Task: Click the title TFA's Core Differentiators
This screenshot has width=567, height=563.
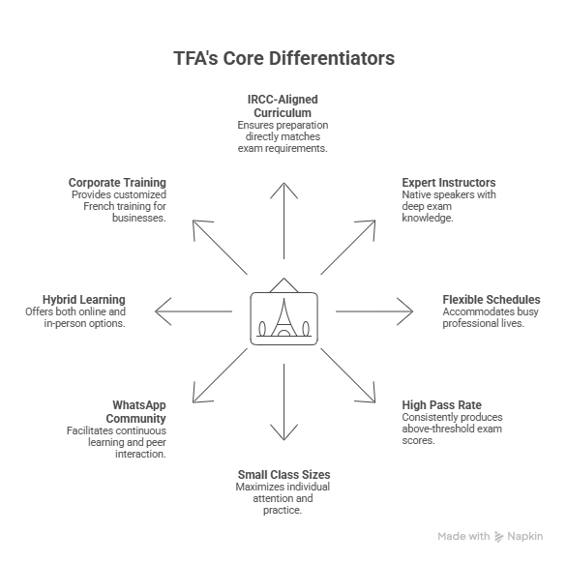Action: click(x=283, y=58)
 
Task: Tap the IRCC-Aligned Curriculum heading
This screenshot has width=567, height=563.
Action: click(x=283, y=106)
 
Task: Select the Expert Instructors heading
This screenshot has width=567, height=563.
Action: click(x=449, y=182)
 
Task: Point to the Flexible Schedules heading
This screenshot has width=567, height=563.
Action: click(x=492, y=300)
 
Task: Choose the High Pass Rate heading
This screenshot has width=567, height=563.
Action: click(x=441, y=404)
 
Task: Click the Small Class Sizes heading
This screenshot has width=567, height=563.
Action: click(x=283, y=474)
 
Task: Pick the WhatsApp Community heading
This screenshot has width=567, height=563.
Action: click(x=136, y=411)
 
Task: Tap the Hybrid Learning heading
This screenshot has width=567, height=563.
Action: click(x=84, y=300)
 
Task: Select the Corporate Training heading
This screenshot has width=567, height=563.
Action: click(x=117, y=182)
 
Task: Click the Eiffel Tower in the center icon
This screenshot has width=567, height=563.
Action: click(x=283, y=318)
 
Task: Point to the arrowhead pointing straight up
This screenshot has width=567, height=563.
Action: click(x=283, y=191)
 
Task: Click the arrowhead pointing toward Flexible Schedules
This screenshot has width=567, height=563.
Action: click(x=405, y=311)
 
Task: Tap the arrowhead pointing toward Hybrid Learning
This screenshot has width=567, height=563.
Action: click(x=163, y=311)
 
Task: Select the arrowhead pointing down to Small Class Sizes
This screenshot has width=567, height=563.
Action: click(x=283, y=432)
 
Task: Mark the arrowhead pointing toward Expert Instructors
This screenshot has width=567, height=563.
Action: click(x=367, y=228)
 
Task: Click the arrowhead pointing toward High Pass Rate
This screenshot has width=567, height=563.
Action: click(x=367, y=394)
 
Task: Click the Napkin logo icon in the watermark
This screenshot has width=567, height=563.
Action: click(x=499, y=537)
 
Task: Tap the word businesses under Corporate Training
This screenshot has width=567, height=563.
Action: click(x=139, y=218)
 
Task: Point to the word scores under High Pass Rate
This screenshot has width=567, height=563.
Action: click(x=418, y=440)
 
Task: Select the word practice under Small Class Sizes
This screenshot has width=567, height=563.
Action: click(x=283, y=510)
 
